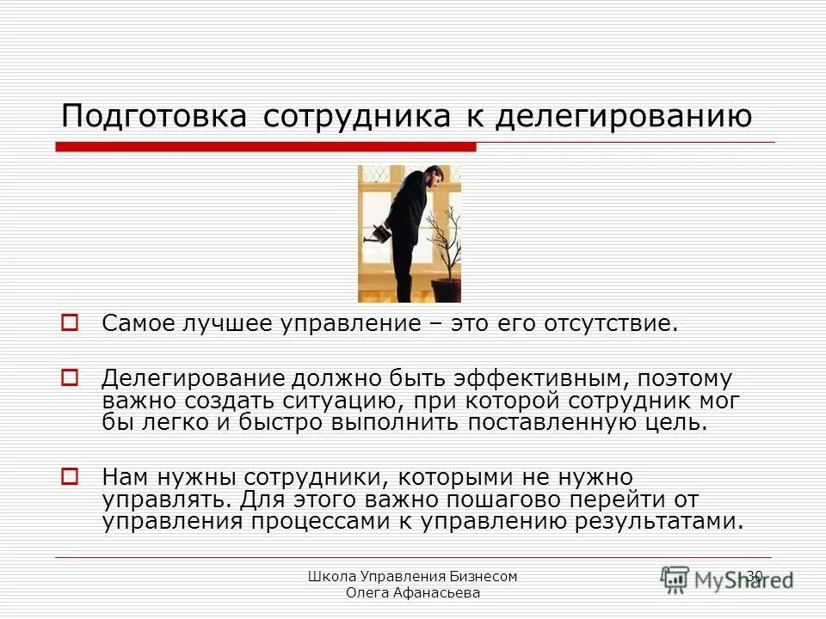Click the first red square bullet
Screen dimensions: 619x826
tap(71, 324)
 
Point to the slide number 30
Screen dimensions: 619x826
tap(755, 576)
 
